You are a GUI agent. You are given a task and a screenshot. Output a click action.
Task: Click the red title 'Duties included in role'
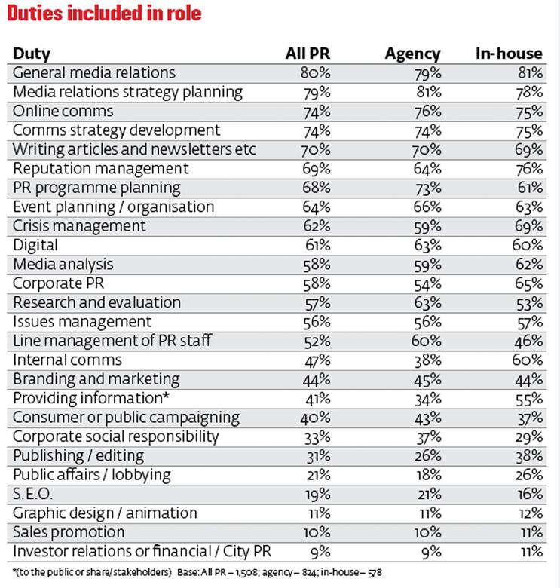point(104,14)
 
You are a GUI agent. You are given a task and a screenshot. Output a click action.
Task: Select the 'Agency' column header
point(413,54)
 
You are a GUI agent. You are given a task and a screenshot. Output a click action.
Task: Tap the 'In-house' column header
point(509,54)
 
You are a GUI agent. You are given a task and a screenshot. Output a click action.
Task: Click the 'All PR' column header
point(308,54)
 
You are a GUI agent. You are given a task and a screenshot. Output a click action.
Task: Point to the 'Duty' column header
point(32,54)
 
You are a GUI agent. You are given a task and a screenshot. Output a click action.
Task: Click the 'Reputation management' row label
point(101,169)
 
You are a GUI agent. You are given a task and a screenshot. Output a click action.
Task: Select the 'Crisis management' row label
point(79,226)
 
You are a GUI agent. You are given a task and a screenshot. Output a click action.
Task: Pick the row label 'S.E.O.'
point(32,494)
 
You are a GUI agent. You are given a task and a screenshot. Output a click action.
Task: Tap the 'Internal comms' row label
point(68,360)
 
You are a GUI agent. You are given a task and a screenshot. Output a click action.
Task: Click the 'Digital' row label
point(35,246)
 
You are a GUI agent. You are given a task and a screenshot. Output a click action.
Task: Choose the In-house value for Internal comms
point(528,360)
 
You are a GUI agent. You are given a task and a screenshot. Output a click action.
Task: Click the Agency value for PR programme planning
point(427,188)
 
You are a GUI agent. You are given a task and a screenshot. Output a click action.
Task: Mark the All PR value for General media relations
point(316,73)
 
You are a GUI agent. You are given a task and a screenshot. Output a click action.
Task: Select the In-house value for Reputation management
point(529,169)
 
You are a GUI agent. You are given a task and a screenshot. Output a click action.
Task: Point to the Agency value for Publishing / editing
point(427,456)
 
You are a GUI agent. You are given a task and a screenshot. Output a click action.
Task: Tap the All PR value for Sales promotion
point(317,532)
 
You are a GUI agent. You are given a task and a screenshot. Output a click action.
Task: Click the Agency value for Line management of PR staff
point(427,341)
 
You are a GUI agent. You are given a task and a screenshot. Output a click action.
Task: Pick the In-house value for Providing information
point(529,399)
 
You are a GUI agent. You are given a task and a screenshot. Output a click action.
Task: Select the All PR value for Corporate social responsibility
point(317,437)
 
